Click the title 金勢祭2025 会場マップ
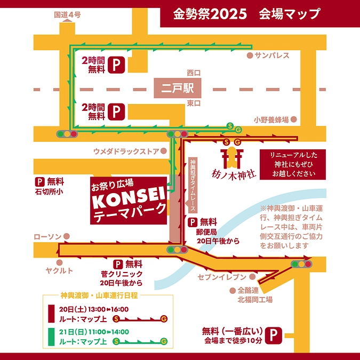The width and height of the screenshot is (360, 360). (x=246, y=13)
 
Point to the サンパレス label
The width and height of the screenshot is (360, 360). (x=271, y=55)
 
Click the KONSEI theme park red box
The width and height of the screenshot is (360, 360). (x=128, y=200)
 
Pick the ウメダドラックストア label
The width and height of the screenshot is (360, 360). (x=125, y=151)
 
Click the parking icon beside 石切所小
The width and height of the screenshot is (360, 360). (x=39, y=181)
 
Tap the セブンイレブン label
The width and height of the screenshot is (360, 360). (x=221, y=277)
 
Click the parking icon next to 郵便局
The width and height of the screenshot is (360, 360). (x=191, y=222)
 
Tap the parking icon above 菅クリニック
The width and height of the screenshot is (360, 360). (x=118, y=264)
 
